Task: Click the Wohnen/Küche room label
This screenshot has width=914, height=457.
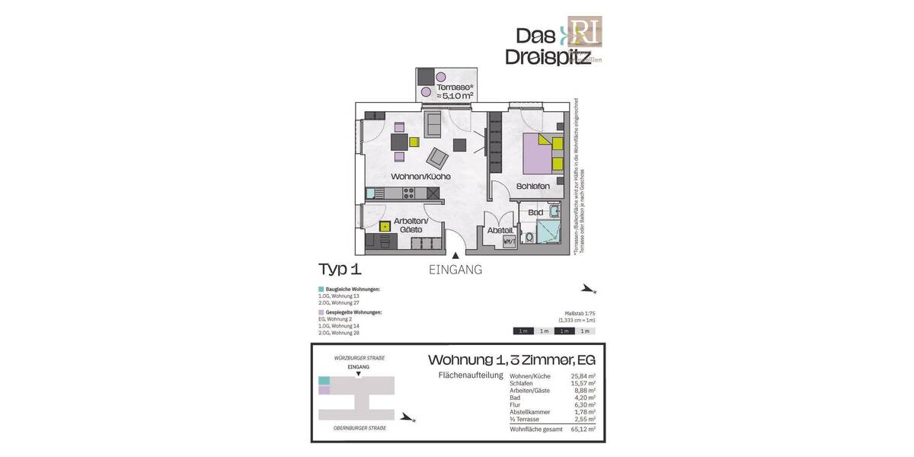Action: tap(420, 176)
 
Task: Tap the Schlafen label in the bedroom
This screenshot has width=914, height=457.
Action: tap(532, 185)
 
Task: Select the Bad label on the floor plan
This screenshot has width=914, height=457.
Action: tap(535, 213)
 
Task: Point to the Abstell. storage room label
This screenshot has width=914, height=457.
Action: tap(500, 230)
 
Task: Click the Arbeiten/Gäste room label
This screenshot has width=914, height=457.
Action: tap(411, 224)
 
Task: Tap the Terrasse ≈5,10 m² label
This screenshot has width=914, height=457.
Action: tap(455, 91)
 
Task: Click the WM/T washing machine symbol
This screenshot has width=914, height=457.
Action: tap(510, 242)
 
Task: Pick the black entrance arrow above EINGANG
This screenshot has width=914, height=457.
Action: tap(455, 257)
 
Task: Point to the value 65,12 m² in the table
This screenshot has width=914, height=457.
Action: tap(583, 430)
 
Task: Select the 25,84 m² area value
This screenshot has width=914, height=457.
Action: tap(583, 376)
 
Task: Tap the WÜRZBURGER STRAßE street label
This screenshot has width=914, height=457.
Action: tap(359, 358)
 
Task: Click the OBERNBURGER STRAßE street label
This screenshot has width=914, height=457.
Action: tap(360, 428)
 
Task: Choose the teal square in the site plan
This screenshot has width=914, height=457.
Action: tap(324, 380)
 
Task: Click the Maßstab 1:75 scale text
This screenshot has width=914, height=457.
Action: tap(578, 314)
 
